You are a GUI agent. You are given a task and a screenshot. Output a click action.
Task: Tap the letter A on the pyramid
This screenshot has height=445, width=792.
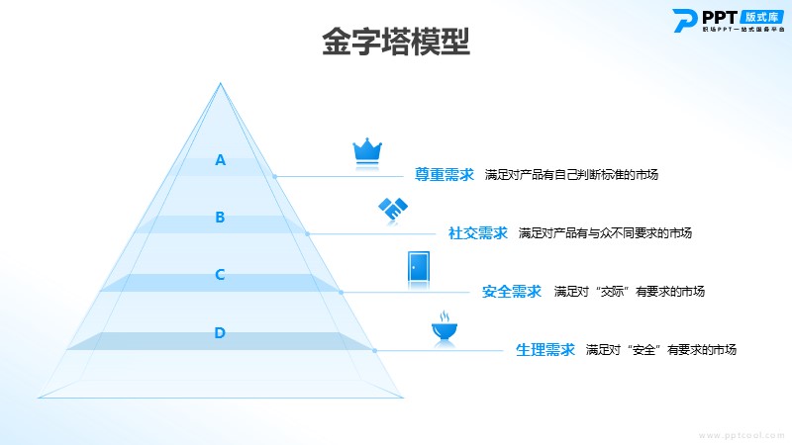pos(221,160)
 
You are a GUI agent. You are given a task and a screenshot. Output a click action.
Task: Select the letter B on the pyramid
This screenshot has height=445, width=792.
pos(221,218)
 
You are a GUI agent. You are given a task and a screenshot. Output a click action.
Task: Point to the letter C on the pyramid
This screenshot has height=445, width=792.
pos(221,275)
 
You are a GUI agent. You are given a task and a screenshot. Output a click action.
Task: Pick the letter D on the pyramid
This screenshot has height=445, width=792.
pos(221,332)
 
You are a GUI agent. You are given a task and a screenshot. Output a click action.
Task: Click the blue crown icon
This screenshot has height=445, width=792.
pos(367,149)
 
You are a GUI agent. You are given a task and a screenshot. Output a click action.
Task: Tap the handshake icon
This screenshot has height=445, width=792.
pos(393,210)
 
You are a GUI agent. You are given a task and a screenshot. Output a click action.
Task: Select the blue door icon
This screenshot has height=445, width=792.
pos(418,268)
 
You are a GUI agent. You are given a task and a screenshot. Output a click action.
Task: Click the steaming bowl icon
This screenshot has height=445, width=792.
pos(444,327)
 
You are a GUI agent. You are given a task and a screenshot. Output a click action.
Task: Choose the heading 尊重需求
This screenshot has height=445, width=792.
pos(445,175)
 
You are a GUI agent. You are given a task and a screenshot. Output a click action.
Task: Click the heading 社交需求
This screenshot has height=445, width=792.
pos(478,233)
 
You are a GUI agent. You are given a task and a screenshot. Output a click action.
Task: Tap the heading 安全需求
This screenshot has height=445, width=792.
pos(512,292)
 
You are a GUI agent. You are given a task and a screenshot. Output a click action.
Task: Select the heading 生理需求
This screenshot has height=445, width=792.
pos(545,350)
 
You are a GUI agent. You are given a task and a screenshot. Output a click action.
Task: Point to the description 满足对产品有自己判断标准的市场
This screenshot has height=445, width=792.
pos(571,175)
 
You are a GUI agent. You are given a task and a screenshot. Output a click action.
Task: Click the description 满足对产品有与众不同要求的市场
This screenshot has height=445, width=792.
pos(605,233)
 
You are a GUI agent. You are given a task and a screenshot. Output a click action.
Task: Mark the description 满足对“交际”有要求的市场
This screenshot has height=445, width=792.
pos(630,292)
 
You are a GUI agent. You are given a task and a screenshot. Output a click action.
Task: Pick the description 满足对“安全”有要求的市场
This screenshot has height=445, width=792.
pos(661,350)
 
